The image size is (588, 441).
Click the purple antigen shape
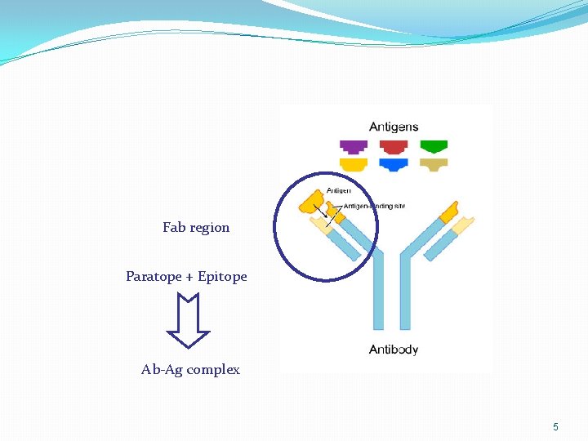coord(354,147)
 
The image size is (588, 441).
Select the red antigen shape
coord(394,147)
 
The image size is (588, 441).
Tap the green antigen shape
coord(434,147)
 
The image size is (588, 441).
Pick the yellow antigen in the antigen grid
coord(354,164)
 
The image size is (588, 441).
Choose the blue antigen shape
coord(394,164)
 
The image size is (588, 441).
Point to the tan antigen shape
coord(434,164)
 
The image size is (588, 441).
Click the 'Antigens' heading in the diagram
coord(394,127)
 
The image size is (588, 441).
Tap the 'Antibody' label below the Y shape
coord(394,350)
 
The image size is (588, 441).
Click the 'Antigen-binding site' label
coord(374,206)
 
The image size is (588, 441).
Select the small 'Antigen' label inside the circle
coord(339,191)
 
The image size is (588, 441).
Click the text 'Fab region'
coord(196,228)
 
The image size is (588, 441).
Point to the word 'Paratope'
coord(154,277)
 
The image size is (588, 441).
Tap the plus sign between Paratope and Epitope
coord(189,277)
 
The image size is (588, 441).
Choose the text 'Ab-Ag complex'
coord(190,370)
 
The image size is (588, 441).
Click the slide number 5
coord(555,427)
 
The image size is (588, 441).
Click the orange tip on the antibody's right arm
coord(448,212)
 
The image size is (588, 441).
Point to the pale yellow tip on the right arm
coord(463,225)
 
